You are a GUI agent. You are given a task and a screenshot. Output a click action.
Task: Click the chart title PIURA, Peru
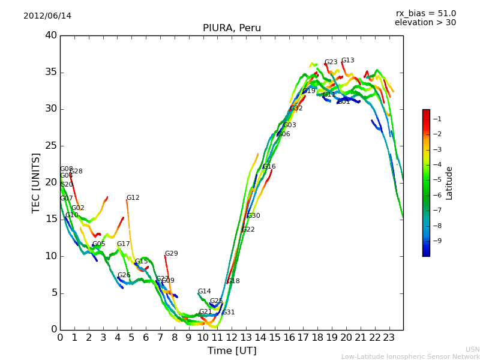click(232, 28)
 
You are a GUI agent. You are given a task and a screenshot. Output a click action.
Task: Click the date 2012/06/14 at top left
click(47, 16)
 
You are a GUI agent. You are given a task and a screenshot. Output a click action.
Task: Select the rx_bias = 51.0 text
click(425, 13)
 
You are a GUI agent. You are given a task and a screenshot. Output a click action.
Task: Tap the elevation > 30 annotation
click(425, 23)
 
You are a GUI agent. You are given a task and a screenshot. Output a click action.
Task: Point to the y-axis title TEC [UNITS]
click(37, 182)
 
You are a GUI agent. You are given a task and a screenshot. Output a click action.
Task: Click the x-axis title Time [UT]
click(232, 350)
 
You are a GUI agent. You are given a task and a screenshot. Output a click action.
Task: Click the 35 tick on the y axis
click(51, 72)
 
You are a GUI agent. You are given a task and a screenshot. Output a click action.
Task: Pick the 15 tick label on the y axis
click(51, 219)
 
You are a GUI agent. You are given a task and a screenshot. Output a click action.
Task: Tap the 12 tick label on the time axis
click(232, 338)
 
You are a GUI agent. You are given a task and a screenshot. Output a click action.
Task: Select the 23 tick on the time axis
click(389, 338)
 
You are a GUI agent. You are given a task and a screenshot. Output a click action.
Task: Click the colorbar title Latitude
click(449, 182)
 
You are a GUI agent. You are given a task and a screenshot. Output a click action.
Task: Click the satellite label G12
click(133, 198)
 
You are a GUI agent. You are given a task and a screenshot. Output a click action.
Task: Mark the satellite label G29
click(171, 254)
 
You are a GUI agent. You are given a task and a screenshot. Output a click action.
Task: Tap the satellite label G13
click(347, 61)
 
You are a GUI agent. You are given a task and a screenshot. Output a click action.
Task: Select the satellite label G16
click(269, 167)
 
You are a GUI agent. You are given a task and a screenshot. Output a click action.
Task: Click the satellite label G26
click(124, 275)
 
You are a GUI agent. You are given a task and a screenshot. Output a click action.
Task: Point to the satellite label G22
click(248, 230)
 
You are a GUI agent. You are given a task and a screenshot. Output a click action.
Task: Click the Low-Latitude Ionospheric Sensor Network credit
click(410, 356)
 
